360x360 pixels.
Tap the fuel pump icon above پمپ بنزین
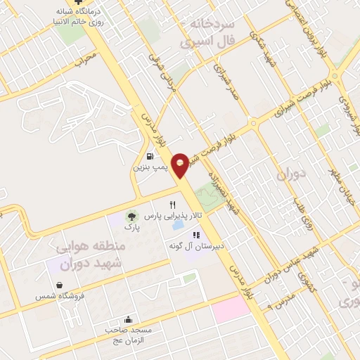150,156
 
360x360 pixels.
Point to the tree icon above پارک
131,217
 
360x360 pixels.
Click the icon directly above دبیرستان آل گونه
196,235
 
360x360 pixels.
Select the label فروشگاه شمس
60,296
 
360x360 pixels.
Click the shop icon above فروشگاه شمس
62,285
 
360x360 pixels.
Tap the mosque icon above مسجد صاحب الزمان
128,317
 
